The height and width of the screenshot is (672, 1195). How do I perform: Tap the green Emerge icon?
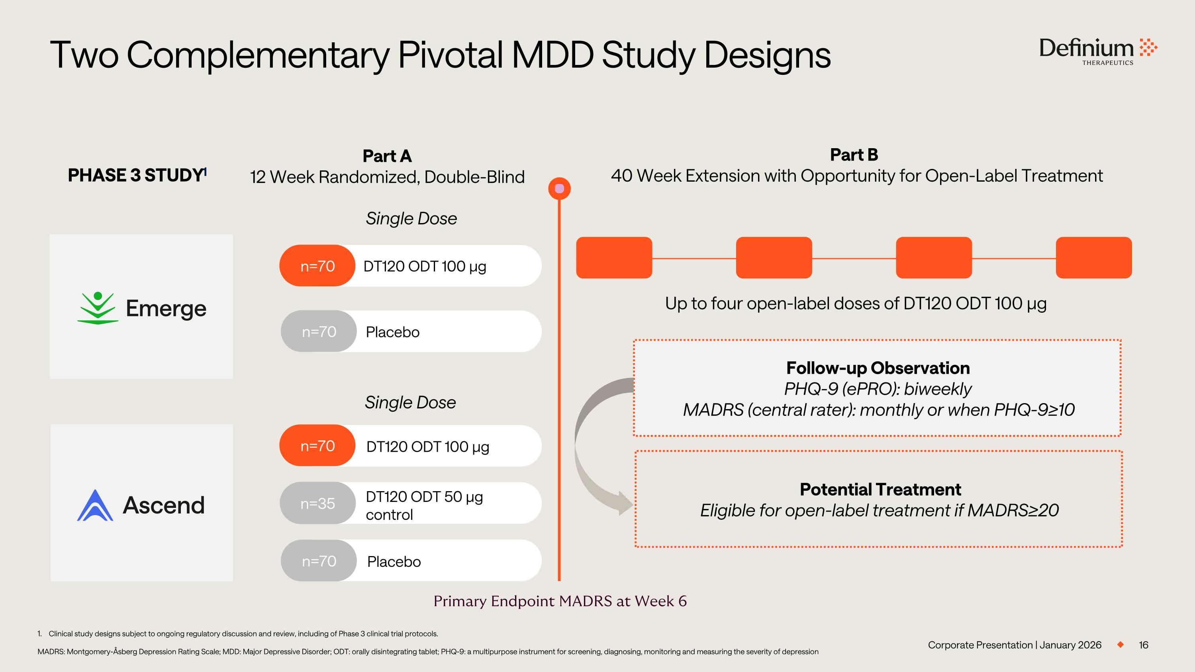coord(98,308)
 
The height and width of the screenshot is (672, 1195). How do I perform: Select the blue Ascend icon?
coord(95,505)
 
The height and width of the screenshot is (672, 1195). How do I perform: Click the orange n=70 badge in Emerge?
coord(317,266)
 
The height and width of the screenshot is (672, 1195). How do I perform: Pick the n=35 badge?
coord(318,503)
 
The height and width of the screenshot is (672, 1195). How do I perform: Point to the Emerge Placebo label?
coord(392,332)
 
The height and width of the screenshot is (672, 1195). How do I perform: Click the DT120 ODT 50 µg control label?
coord(424,505)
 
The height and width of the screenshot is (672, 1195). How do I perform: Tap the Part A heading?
coord(387,156)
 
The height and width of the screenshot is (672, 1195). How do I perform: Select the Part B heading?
coord(854,155)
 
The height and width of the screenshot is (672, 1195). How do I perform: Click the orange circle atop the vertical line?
coord(559,189)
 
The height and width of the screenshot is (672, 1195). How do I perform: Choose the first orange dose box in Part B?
coord(614,258)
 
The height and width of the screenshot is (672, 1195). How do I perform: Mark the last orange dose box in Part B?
coord(1093,258)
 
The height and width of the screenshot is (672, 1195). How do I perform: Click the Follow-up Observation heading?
coord(878,368)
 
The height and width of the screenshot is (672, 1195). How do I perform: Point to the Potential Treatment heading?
coord(880,489)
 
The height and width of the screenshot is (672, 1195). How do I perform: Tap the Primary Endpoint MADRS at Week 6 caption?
coord(560,601)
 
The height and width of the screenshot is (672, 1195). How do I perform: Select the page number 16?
coord(1144,645)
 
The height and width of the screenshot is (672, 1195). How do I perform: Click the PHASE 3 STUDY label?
coord(135,175)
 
